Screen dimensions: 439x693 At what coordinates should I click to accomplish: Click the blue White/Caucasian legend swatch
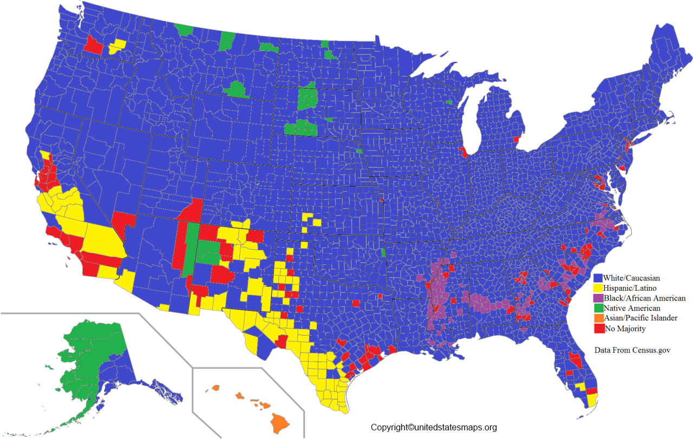[598, 278]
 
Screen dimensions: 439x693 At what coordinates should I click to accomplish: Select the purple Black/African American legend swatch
[598, 298]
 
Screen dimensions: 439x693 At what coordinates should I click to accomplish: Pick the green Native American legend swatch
[598, 309]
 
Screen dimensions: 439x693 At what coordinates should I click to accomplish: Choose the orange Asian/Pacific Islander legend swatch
[598, 318]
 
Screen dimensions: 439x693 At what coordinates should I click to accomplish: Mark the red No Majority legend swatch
[598, 329]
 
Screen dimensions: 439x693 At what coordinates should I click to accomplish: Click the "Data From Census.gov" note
[632, 350]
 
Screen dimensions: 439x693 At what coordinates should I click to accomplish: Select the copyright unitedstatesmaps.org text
[434, 428]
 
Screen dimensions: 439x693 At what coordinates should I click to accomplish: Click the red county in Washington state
[93, 45]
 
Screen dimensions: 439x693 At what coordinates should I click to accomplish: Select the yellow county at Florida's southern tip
[592, 400]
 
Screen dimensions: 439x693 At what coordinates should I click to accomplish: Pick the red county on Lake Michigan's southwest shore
[463, 152]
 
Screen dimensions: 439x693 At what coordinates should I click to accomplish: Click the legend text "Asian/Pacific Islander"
[640, 318]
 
